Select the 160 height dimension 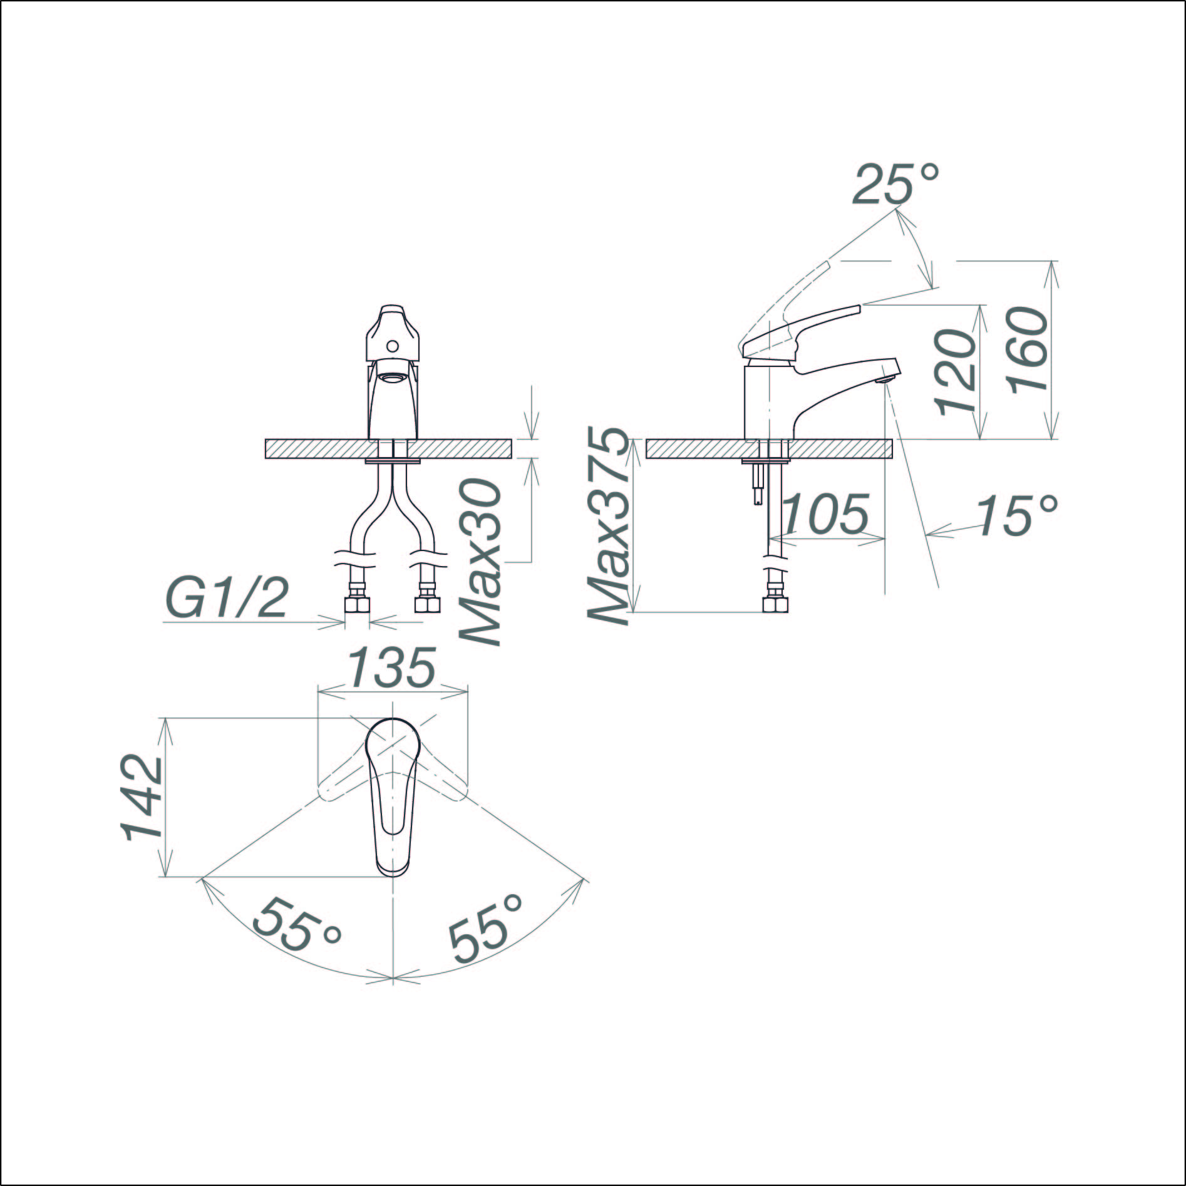click(x=1028, y=349)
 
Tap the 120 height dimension click(x=955, y=371)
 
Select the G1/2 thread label click(x=229, y=599)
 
